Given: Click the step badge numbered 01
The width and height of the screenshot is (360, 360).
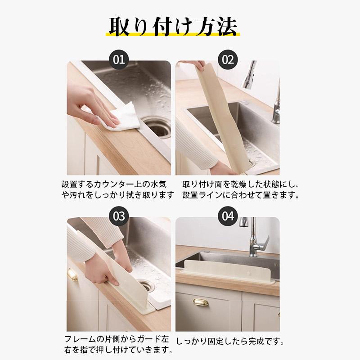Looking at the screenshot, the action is click(x=119, y=60).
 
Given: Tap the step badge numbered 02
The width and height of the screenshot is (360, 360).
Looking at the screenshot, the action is click(x=228, y=60).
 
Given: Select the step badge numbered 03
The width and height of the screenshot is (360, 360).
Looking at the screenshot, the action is click(x=119, y=216).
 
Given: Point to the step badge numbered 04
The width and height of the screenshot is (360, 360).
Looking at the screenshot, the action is click(x=228, y=216).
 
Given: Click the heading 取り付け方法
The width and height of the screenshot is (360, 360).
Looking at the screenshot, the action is click(x=173, y=27).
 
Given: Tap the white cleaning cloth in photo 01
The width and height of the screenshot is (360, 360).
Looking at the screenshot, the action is click(x=119, y=117).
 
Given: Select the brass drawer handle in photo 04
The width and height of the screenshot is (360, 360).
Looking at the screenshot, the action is click(x=201, y=301).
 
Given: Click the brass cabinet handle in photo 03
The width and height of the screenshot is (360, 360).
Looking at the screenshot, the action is click(x=72, y=274).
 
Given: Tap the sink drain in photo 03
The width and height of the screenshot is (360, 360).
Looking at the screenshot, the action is click(x=147, y=285).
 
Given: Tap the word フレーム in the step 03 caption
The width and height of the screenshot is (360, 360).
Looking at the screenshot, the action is click(x=80, y=339).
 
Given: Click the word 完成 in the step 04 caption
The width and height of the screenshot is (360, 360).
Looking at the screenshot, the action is click(x=256, y=342).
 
